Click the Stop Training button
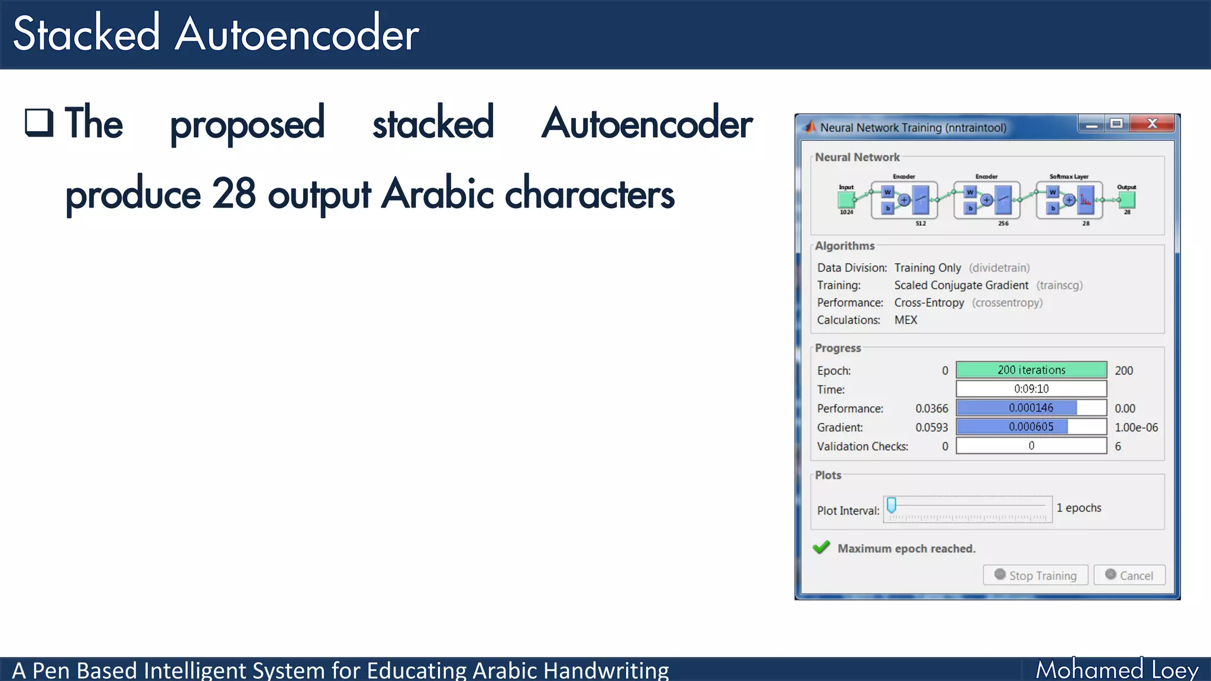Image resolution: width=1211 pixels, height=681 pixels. click(x=1035, y=575)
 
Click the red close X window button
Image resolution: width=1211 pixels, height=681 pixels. click(x=1152, y=124)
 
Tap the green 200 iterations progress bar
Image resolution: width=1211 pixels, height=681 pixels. click(x=1031, y=370)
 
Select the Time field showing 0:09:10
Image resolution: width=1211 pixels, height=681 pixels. click(x=1031, y=389)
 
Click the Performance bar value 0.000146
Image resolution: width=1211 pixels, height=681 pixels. click(x=1031, y=408)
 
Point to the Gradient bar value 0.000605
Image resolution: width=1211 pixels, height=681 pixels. click(x=1031, y=427)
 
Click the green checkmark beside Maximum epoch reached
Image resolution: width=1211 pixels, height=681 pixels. click(x=821, y=547)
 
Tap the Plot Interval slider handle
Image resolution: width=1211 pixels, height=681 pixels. click(x=892, y=505)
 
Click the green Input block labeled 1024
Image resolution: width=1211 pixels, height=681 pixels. click(x=846, y=200)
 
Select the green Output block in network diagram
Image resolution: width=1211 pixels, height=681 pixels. click(x=1127, y=200)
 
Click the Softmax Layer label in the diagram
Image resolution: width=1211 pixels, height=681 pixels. click(x=1068, y=176)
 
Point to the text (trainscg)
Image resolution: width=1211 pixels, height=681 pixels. click(x=1059, y=286)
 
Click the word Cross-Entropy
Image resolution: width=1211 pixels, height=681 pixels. click(x=929, y=303)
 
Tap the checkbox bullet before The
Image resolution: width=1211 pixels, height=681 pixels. click(x=39, y=122)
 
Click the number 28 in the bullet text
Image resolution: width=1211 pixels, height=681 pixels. click(x=234, y=194)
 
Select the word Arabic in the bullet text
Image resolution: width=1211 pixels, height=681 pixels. click(x=437, y=194)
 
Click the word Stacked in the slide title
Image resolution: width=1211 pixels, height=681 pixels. click(x=86, y=34)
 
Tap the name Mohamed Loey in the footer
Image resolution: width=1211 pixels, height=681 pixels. click(x=1116, y=670)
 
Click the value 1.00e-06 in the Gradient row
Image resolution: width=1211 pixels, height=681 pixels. click(x=1136, y=427)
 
